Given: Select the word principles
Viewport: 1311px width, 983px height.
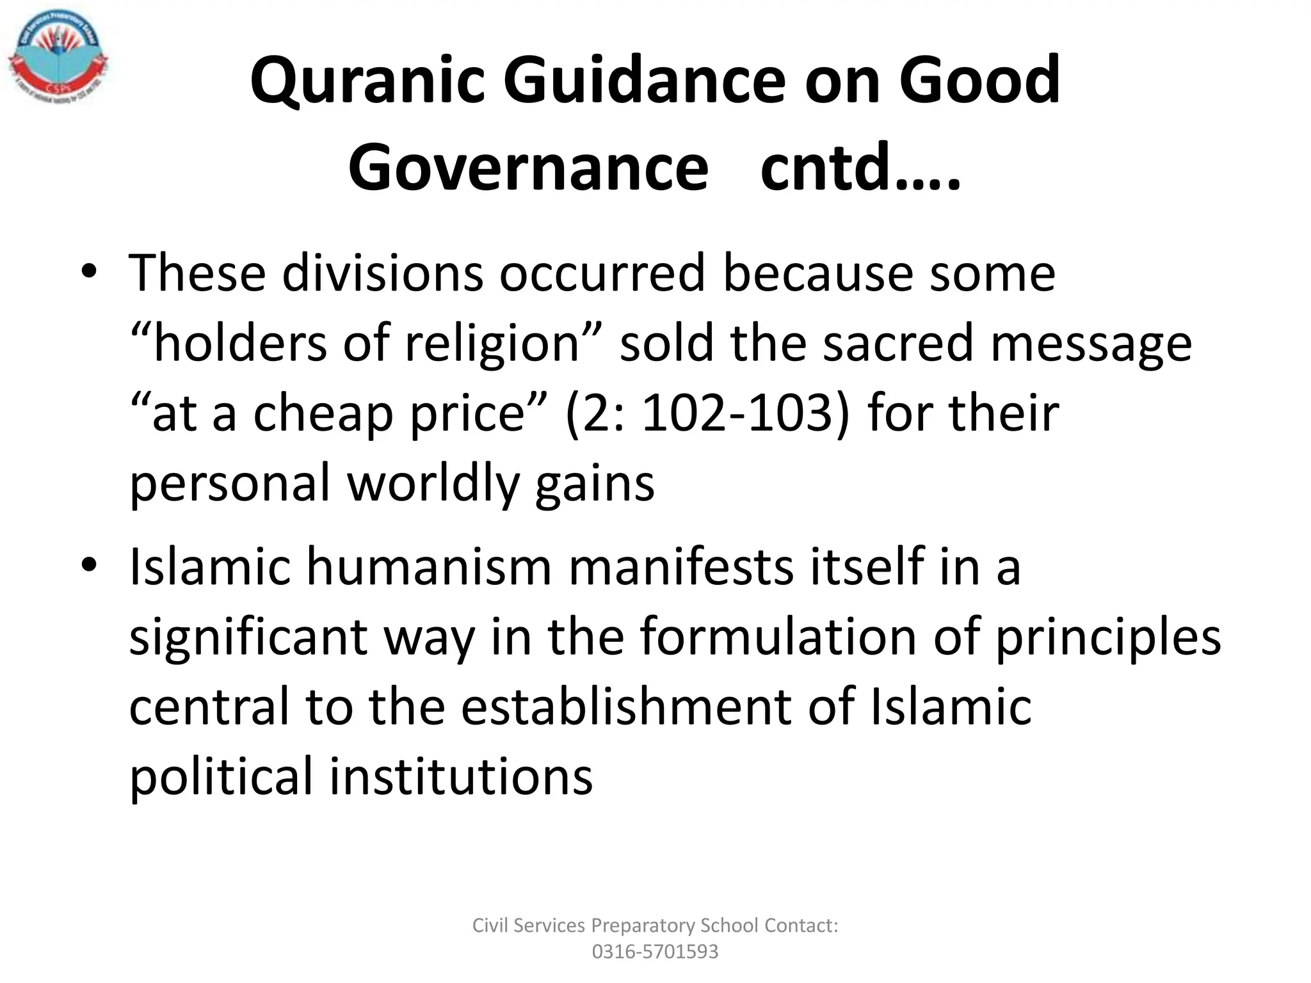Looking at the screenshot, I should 1107,637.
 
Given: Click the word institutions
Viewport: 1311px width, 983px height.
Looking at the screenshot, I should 461,776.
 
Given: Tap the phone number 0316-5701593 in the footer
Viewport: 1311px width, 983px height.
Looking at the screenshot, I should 655,952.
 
